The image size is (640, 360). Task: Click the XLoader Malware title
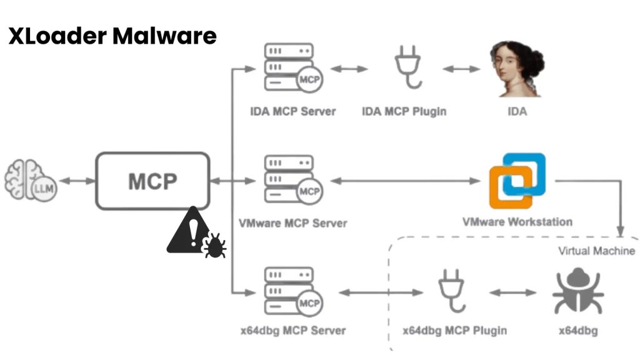112,36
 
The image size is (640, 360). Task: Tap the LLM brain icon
31,181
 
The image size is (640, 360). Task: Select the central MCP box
152,181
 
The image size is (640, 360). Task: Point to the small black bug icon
214,246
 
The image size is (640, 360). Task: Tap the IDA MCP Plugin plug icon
407,69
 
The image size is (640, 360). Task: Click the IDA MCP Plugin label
404,112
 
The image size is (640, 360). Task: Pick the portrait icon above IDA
516,69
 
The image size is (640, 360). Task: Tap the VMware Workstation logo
517,181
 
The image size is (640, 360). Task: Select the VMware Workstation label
517,221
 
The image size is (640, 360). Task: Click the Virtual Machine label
596,251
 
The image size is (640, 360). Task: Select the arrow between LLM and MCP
77,181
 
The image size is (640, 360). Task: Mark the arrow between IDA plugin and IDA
461,69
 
